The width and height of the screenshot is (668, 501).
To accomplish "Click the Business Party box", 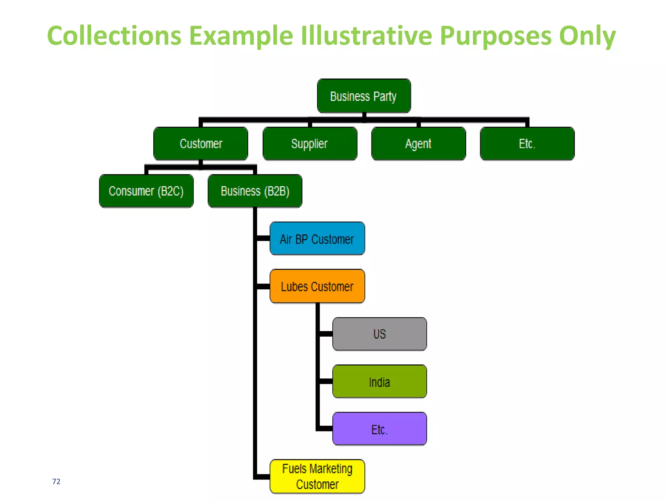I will [364, 96].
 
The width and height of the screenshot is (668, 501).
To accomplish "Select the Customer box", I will [201, 144].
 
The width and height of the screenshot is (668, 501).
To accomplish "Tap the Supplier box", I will [310, 144].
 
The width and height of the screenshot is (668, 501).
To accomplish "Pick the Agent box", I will [418, 144].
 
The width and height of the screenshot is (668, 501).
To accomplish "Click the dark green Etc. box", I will [527, 144].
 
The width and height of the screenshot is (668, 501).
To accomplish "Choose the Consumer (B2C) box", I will [146, 191].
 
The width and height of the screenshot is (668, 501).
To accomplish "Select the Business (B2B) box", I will [255, 191].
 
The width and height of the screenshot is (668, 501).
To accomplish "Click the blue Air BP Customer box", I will [317, 238].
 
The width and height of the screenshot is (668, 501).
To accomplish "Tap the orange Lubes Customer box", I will [317, 286].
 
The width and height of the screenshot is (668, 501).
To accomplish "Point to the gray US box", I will [379, 334].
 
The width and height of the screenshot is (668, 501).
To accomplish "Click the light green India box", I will [379, 381].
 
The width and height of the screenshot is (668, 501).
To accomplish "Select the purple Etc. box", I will [379, 429].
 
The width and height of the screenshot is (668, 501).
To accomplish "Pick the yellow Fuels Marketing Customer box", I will [317, 476].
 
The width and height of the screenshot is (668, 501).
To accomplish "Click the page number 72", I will [56, 481].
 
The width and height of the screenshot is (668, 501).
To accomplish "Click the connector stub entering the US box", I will [326, 334].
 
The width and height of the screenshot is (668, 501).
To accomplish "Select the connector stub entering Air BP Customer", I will [263, 238].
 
